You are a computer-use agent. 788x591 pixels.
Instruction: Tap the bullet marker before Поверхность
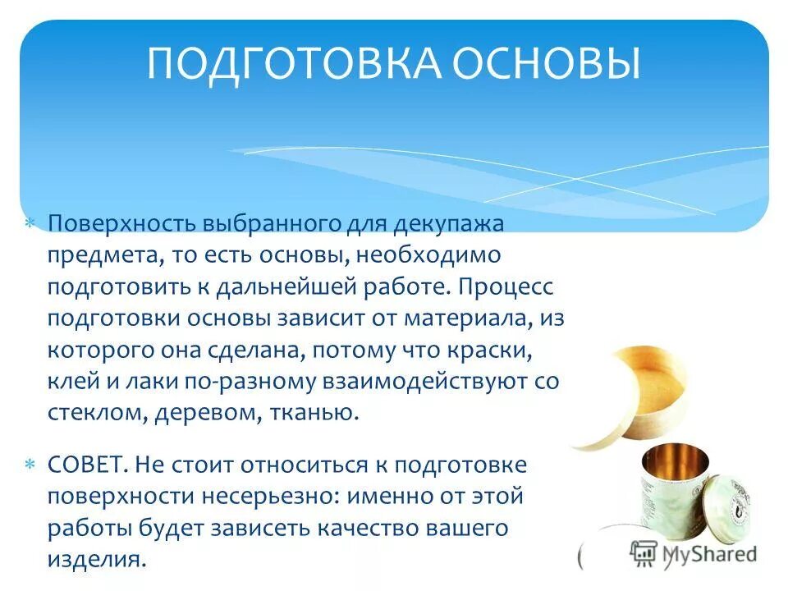pos(30,223)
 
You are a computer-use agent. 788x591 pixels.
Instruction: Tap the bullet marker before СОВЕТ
pos(30,465)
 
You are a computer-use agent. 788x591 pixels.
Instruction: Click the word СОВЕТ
pos(85,465)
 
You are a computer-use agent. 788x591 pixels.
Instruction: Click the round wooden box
pos(629,398)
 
